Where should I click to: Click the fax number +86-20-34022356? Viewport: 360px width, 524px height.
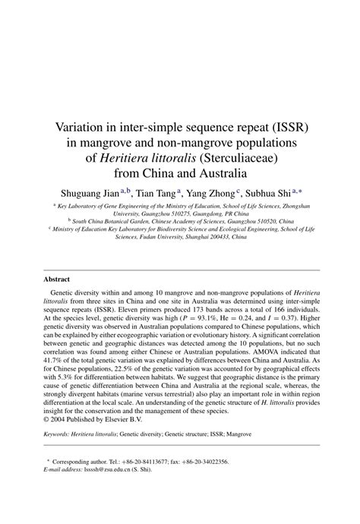(x=228, y=480)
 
